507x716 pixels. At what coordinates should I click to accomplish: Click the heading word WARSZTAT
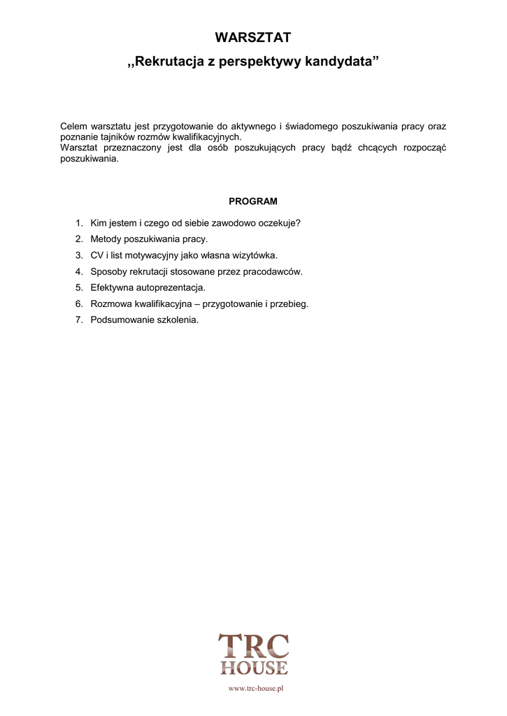tap(252, 38)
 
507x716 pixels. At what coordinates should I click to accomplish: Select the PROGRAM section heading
tap(253, 201)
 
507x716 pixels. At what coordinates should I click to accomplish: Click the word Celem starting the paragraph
tap(73, 127)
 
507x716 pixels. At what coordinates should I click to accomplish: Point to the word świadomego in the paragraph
tap(312, 127)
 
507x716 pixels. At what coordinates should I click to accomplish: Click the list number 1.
tap(79, 223)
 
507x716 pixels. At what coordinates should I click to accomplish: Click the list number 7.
tap(79, 320)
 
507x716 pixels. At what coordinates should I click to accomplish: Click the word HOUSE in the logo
tap(254, 668)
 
